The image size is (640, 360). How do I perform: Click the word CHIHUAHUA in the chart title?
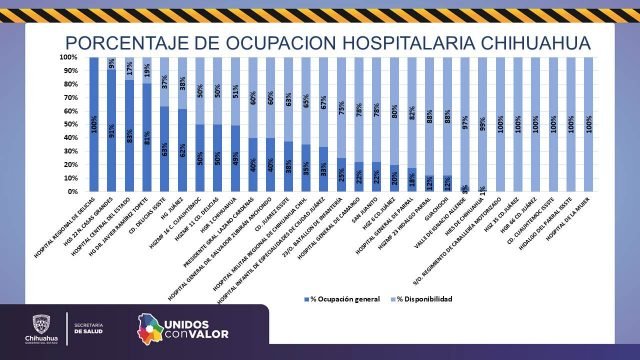point(504,42)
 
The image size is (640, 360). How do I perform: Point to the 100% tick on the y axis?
point(68,58)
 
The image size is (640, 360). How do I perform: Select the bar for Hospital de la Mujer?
point(588,124)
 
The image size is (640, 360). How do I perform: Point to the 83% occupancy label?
point(130,135)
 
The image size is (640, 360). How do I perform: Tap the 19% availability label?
point(148,70)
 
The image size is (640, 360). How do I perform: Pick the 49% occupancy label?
point(235,158)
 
